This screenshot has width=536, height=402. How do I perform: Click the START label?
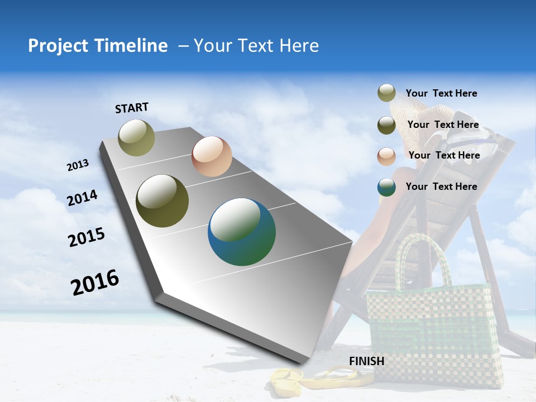click(x=132, y=108)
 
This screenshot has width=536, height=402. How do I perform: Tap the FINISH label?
click(x=366, y=361)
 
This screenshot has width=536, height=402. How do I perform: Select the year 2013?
click(x=78, y=165)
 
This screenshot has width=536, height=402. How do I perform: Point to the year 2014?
click(x=82, y=198)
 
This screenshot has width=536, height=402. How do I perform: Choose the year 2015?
click(x=86, y=237)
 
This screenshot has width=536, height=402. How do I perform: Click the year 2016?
click(x=95, y=283)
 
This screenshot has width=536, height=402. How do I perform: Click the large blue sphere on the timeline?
click(x=242, y=232)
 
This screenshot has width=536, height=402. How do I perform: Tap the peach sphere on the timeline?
click(x=212, y=156)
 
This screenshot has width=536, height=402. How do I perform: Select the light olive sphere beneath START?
click(x=137, y=137)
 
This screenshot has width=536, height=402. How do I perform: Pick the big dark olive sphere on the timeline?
click(x=162, y=201)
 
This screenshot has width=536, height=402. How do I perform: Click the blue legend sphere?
click(x=386, y=187)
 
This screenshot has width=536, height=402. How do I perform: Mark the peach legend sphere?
click(x=386, y=156)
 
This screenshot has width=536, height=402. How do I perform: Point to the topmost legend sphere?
click(x=386, y=93)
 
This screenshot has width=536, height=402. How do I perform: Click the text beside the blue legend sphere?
click(x=441, y=186)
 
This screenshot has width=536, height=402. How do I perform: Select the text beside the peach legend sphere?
click(x=444, y=155)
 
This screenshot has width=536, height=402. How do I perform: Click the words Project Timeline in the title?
click(x=98, y=46)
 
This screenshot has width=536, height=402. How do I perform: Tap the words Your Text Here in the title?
click(x=256, y=46)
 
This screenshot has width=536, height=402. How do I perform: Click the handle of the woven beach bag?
click(x=424, y=257)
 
